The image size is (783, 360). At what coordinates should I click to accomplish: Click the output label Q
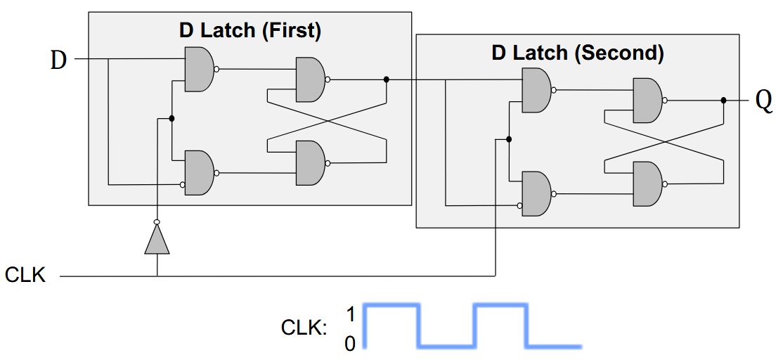click(763, 102)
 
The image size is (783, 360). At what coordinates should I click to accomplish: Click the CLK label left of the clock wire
click(25, 275)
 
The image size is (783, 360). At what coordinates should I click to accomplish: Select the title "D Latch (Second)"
click(577, 53)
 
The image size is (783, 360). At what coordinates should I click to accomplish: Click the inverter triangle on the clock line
click(157, 240)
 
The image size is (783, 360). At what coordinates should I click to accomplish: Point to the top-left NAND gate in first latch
click(199, 69)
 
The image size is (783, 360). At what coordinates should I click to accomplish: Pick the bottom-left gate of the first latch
click(199, 172)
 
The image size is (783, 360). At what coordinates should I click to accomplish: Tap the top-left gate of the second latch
click(536, 90)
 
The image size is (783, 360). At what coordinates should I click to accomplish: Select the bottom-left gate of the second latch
click(536, 193)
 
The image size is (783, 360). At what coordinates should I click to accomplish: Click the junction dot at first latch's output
click(386, 79)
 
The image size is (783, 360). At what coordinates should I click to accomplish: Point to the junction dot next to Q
click(723, 101)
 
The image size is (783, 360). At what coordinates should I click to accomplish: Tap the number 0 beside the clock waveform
click(349, 343)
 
